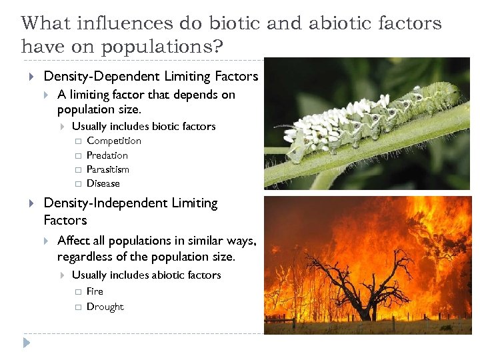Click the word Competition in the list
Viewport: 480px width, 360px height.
click(113, 141)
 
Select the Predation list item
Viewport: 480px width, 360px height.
click(107, 155)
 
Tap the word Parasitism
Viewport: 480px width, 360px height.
click(107, 169)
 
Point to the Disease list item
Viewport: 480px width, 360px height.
click(103, 183)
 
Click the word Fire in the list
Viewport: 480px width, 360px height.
click(95, 291)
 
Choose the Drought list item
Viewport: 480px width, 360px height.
click(105, 307)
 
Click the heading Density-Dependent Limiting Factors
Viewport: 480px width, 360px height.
click(150, 77)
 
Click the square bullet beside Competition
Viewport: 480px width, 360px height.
click(77, 141)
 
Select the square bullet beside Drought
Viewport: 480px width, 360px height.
click(77, 307)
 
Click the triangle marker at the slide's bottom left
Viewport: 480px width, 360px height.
click(26, 343)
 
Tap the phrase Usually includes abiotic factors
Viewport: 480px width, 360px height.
click(146, 275)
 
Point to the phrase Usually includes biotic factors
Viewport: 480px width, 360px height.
click(143, 126)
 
